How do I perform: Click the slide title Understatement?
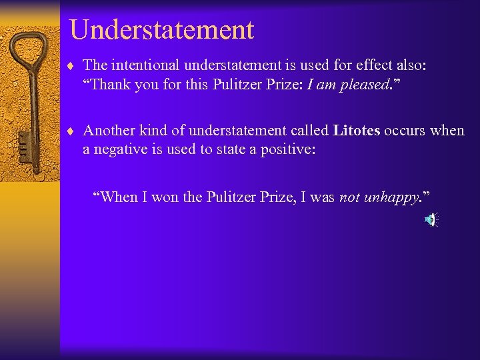pyautogui.click(x=161, y=30)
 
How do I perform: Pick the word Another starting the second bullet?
pyautogui.click(x=107, y=131)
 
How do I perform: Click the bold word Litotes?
pyautogui.click(x=356, y=131)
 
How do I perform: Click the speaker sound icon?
pyautogui.click(x=431, y=219)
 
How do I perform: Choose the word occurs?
pyautogui.click(x=405, y=131)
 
